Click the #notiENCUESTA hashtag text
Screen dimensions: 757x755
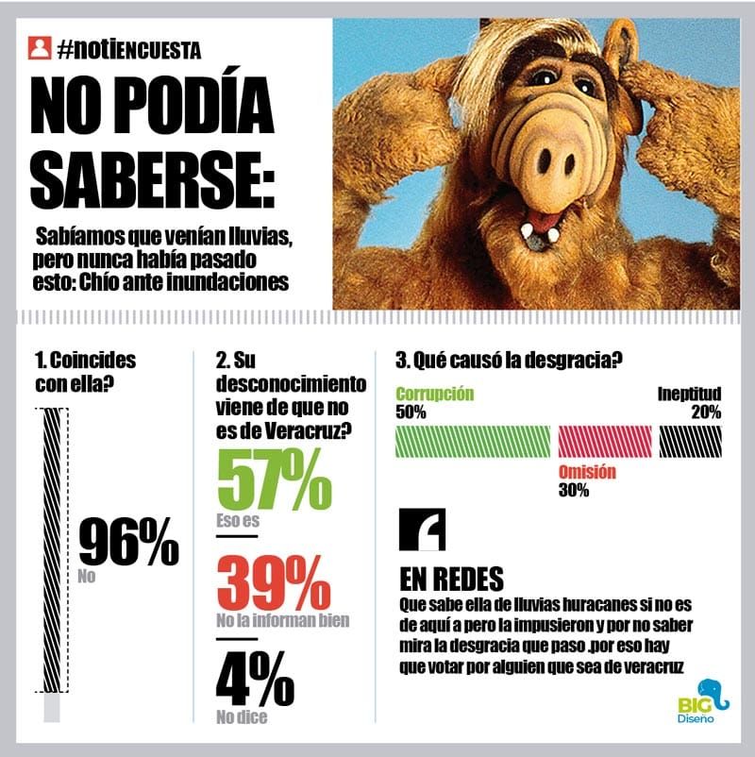128,47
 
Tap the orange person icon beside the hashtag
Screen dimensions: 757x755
40,46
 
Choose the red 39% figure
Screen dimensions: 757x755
274,584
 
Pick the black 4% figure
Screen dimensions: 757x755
255,680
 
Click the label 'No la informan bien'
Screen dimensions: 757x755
282,620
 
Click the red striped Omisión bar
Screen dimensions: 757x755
605,441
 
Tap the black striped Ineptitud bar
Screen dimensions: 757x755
690,441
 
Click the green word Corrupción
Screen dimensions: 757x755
434,394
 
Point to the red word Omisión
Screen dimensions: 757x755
586,472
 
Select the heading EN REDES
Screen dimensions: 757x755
452,578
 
